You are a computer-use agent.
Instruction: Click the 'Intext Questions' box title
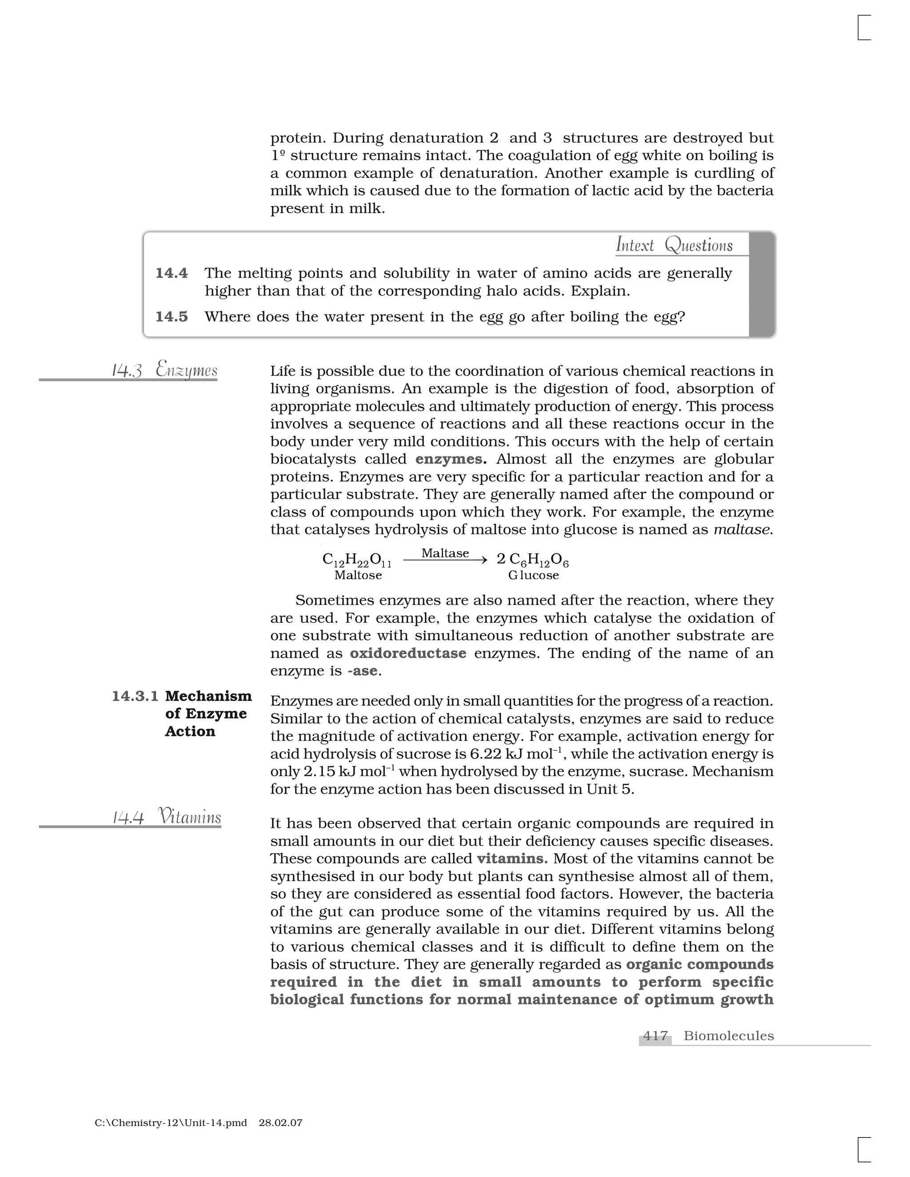674,245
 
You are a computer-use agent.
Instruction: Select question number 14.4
172,273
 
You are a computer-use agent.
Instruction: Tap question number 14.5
172,316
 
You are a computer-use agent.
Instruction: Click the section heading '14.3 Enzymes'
164,370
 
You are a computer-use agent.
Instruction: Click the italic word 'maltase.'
743,530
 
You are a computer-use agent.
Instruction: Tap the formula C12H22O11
357,561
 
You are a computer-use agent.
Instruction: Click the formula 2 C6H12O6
533,561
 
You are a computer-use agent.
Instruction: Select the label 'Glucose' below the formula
533,575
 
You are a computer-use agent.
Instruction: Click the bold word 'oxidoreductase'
408,653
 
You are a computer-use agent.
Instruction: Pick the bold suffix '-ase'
363,671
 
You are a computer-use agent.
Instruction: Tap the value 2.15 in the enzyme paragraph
319,772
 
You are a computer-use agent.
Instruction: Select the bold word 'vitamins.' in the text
512,859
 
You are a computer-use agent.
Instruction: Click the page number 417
655,1036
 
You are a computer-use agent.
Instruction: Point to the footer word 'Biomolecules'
728,1036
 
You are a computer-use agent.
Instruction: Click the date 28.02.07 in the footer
280,1123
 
